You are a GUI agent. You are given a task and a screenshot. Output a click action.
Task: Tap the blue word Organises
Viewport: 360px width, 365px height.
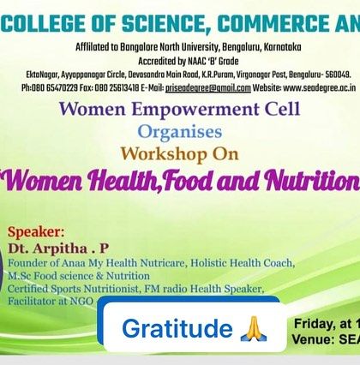click(180, 132)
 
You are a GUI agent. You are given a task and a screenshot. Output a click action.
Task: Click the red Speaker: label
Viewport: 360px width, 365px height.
click(35, 232)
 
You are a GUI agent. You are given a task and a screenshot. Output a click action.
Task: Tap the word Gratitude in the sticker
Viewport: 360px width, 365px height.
click(177, 328)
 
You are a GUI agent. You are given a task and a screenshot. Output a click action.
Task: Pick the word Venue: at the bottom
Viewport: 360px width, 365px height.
click(315, 338)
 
